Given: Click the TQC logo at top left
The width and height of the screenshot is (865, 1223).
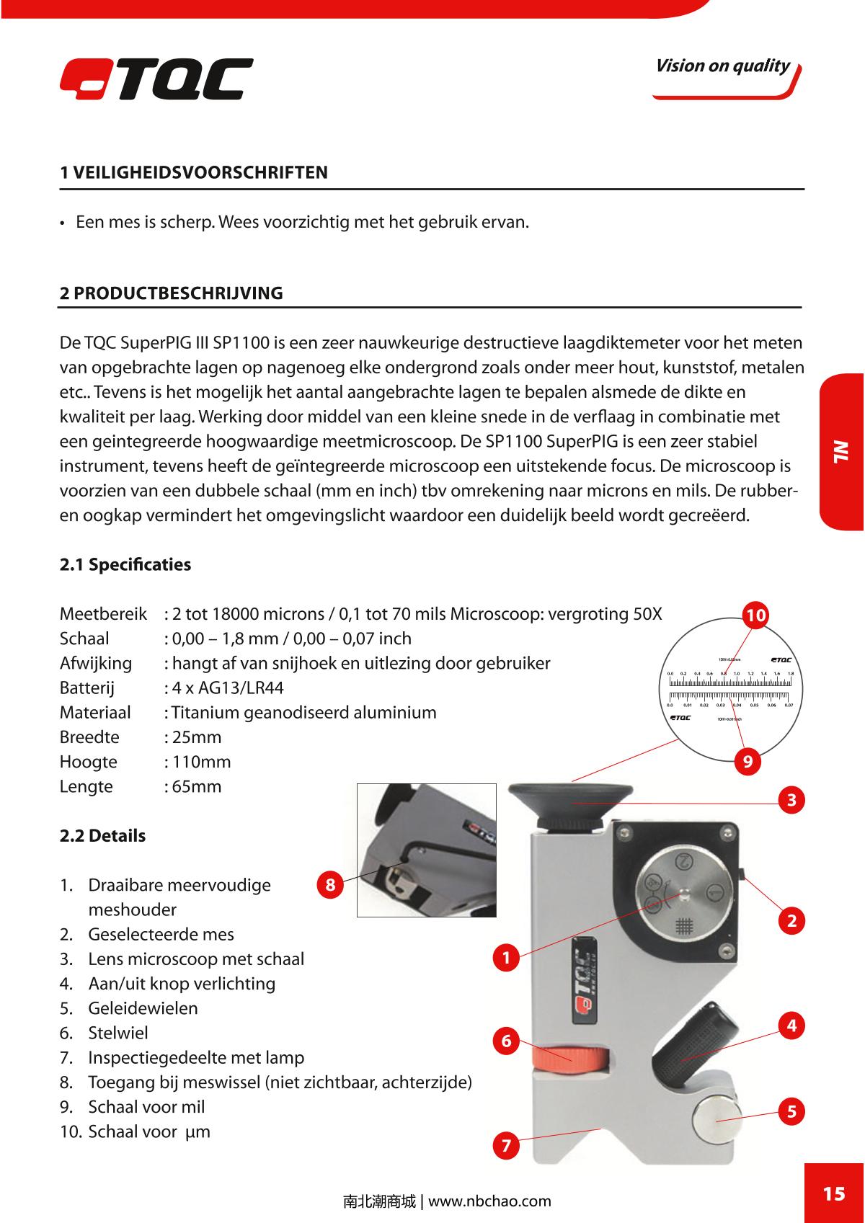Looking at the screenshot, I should [156, 79].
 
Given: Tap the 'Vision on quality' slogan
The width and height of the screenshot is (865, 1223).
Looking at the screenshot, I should [722, 66].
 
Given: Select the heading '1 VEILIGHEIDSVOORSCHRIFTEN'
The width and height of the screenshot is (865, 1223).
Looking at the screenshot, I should [193, 172].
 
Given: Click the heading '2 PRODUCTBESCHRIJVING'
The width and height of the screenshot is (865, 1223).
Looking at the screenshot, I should [171, 293].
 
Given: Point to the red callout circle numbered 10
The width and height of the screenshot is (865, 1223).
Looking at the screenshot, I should [756, 615].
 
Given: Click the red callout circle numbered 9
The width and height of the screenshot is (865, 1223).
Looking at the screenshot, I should [748, 761].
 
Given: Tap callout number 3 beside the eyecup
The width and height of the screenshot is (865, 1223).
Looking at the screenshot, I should [791, 800].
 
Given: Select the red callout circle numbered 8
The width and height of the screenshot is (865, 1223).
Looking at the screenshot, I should [330, 884].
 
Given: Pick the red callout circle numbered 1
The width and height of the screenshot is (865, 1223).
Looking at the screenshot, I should [507, 958].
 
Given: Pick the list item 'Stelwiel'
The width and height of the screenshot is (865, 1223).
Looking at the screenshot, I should [118, 1033].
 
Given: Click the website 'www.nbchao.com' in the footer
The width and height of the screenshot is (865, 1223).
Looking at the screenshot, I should [489, 1201].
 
